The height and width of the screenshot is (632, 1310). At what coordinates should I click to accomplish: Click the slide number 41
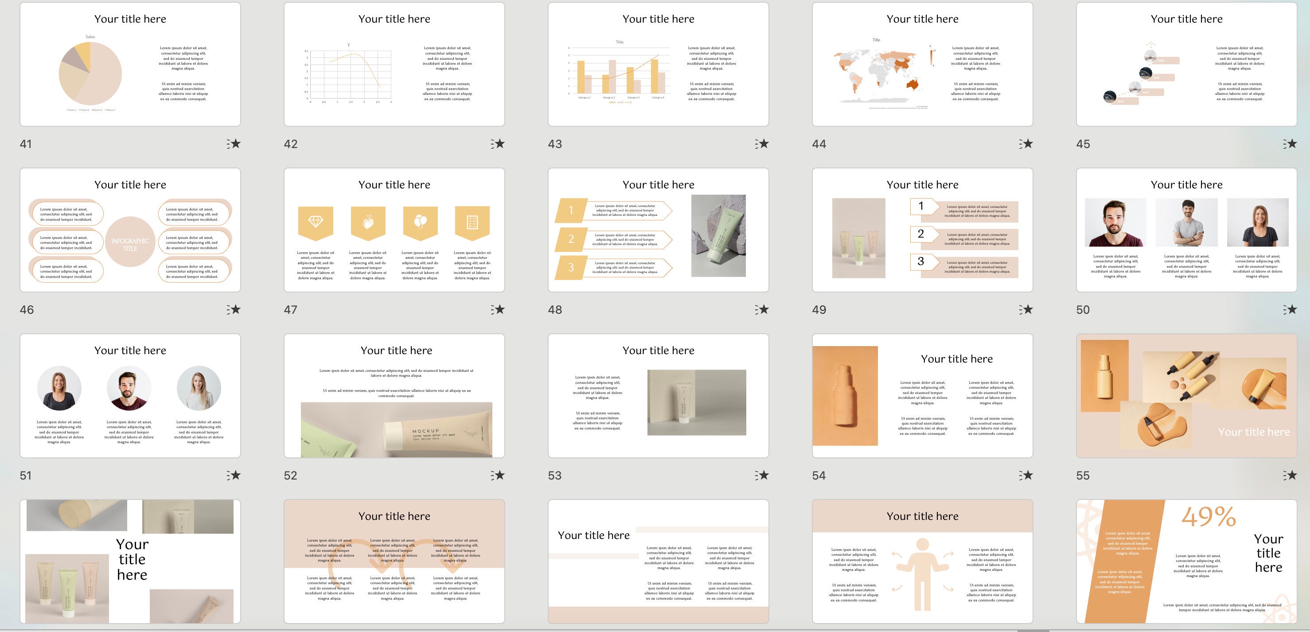coord(25,144)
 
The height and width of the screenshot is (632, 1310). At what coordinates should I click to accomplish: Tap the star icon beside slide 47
coord(498,309)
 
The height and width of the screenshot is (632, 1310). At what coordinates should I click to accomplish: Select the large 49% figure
coord(1208,517)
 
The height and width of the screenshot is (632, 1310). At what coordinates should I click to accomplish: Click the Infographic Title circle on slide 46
coord(130,242)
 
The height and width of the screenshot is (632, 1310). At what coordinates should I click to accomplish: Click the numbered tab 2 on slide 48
coord(571,239)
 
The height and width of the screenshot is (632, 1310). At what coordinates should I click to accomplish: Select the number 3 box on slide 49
coord(921,261)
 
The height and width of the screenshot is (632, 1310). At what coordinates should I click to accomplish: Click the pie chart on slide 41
coord(90,74)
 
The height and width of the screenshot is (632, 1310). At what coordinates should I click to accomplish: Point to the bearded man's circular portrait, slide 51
coord(129,388)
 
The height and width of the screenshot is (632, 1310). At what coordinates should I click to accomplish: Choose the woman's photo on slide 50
coord(1257,222)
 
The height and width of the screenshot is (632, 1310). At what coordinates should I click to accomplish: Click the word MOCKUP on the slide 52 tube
coord(425,431)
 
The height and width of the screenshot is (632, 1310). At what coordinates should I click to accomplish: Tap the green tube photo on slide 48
coord(718,235)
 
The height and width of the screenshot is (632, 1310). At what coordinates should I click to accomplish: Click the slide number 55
coord(1083,476)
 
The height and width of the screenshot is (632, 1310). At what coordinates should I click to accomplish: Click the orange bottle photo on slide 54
coord(845,396)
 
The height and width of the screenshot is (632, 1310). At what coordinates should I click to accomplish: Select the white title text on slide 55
coord(1254,432)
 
